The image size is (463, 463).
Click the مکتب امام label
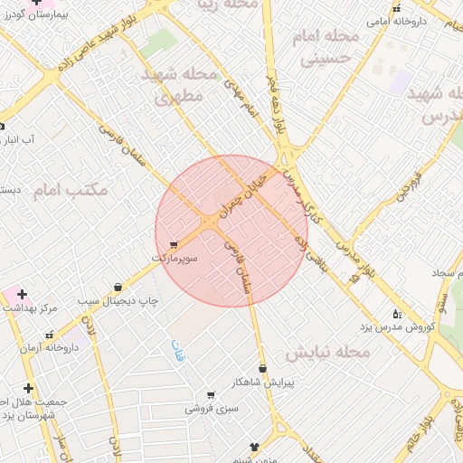click(71, 190)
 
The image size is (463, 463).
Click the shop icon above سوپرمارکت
click(173, 244)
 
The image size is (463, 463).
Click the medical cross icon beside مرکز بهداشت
click(21, 294)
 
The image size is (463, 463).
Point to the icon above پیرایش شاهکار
click(263, 368)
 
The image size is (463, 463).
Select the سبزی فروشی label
click(210, 408)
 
